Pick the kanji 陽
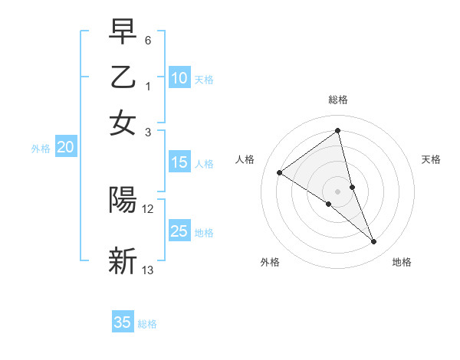tap(123, 200)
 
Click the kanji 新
tap(123, 260)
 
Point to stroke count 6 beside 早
tap(147, 39)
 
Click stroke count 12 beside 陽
tap(148, 209)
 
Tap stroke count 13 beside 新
tap(148, 270)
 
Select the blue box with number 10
tap(179, 78)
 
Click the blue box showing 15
tap(179, 162)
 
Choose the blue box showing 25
tap(179, 231)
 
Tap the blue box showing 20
tap(65, 148)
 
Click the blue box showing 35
tap(123, 322)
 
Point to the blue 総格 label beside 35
tap(147, 324)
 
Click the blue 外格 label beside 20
tap(41, 149)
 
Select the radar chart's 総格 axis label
tap(338, 100)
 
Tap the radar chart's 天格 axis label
tap(431, 159)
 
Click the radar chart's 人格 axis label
tap(245, 159)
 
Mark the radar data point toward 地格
tap(374, 242)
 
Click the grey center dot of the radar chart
tap(338, 191)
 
